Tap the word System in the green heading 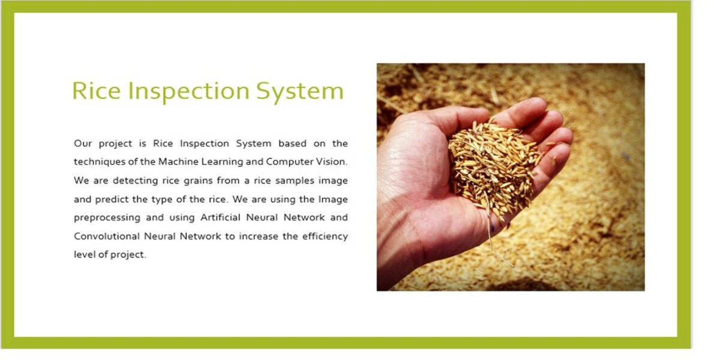[299, 91]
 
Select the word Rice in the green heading [96, 91]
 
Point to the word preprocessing [107, 218]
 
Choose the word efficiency [325, 236]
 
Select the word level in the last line [83, 255]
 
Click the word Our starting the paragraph [83, 143]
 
